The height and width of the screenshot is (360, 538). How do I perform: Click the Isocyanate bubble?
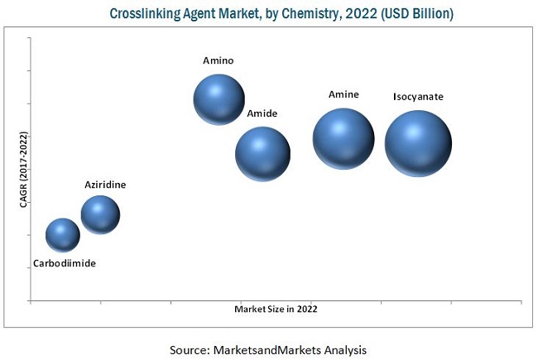coord(418,143)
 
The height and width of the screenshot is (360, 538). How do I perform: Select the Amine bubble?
coord(343,138)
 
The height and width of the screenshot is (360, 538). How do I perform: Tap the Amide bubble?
coord(262,153)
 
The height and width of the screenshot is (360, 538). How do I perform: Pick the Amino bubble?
coord(219,98)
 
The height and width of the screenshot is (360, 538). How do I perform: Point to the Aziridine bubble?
coord(100,215)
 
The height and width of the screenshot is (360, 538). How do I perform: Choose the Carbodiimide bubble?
coord(63,234)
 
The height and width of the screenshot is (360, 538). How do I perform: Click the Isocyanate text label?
coord(418,97)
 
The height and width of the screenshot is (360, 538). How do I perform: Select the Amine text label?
coord(343,94)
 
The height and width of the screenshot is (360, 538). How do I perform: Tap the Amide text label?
coord(262,113)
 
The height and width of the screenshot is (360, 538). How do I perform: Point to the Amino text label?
coord(219,60)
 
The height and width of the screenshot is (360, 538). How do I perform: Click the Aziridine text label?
coord(105,185)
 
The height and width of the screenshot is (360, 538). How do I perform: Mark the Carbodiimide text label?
coord(65,263)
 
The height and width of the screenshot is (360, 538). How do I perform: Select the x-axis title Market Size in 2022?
coord(276,309)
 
